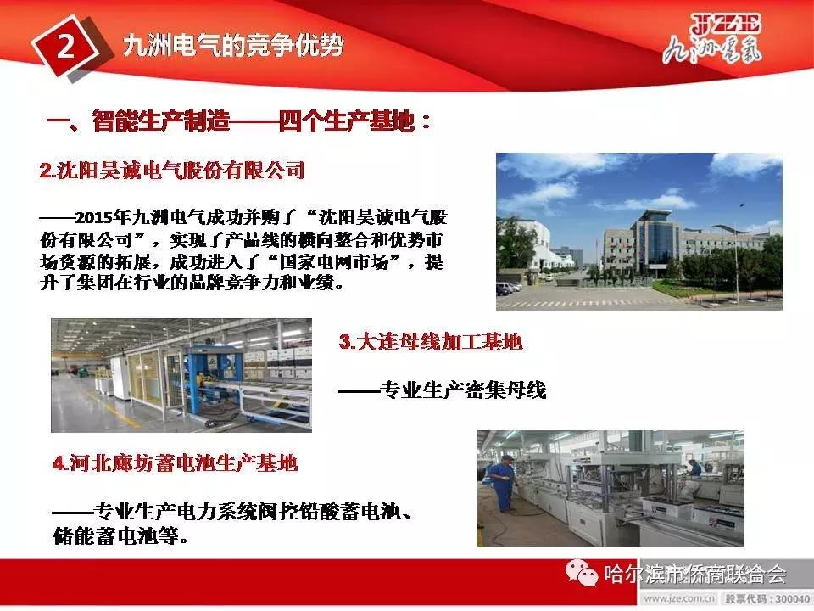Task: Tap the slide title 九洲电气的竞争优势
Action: click(233, 45)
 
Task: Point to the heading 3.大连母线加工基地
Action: click(430, 342)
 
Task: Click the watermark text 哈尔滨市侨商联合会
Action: click(694, 575)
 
